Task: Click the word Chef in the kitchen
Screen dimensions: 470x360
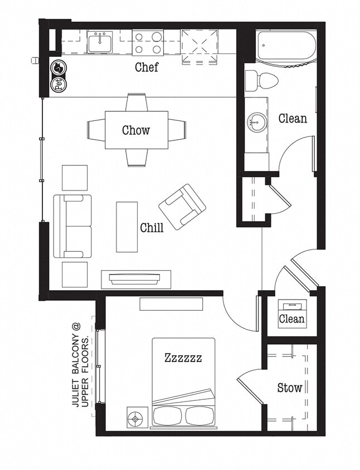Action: (x=147, y=67)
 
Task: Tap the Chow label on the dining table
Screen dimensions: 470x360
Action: (x=136, y=130)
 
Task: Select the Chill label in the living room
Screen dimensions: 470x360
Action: (x=152, y=227)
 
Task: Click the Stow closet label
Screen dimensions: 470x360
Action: (x=290, y=388)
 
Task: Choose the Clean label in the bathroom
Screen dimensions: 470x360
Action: (x=293, y=118)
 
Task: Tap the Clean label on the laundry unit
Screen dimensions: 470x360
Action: (x=291, y=319)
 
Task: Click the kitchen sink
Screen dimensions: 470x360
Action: (x=101, y=41)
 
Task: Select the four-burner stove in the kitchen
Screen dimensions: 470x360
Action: (x=148, y=42)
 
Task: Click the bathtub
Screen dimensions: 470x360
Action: (x=286, y=47)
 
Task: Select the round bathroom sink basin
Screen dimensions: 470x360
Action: (x=257, y=120)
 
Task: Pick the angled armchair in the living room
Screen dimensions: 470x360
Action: (x=182, y=207)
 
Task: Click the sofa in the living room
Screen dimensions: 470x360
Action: (x=72, y=226)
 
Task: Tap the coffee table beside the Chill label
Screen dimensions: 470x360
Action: (x=127, y=226)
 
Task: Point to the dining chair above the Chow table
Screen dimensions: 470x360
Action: (x=137, y=102)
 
